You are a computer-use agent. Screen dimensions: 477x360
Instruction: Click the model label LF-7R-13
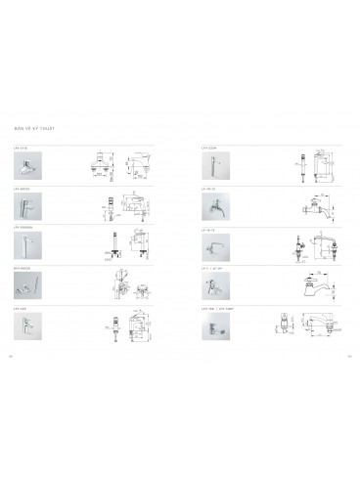click(206, 187)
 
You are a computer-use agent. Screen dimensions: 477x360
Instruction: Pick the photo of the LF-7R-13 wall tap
click(212, 206)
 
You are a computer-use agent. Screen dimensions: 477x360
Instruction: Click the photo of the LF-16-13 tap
click(212, 245)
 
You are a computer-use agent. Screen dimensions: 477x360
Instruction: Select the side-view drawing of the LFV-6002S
click(138, 206)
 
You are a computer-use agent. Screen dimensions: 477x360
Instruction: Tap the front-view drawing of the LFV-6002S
click(111, 208)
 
